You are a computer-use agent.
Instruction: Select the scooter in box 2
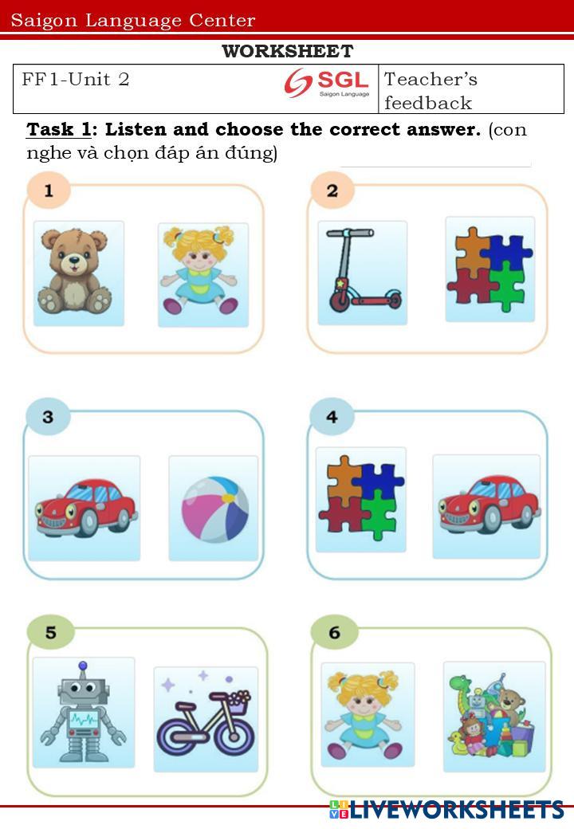point(361,270)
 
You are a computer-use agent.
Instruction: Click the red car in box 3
point(85,508)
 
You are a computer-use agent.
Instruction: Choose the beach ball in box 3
point(215,509)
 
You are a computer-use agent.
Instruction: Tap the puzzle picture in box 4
point(361,497)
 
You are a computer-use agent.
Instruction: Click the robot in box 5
point(83,711)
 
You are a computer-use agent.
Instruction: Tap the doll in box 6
point(364,714)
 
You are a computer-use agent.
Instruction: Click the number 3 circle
point(48,417)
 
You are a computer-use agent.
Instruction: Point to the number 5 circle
point(50,632)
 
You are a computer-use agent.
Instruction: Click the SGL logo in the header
point(327,83)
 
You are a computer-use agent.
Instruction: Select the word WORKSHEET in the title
point(288,51)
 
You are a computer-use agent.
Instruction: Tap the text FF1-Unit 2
point(76,79)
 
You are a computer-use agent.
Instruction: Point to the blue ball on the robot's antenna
point(82,666)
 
